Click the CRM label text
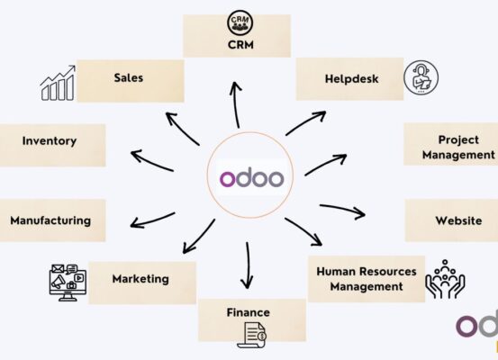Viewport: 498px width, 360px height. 240,45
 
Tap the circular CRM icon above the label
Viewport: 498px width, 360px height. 240,22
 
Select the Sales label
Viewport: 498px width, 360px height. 129,77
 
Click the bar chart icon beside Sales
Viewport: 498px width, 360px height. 58,83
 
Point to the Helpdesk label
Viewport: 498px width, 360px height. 351,78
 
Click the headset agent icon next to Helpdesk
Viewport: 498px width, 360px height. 421,77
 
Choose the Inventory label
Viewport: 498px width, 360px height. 50,141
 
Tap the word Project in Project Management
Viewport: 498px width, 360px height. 458,139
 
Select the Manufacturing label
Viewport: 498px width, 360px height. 50,220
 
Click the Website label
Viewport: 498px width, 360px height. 458,220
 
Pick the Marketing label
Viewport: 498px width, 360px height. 140,279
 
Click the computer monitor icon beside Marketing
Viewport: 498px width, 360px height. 68,283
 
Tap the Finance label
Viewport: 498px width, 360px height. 248,312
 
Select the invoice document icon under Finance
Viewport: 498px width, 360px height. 252,335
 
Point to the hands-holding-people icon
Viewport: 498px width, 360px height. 445,279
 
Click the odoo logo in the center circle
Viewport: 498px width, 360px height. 251,178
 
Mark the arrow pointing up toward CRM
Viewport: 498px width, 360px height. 236,104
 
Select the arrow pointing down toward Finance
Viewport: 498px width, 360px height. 247,265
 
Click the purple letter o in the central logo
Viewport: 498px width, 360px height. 228,179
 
